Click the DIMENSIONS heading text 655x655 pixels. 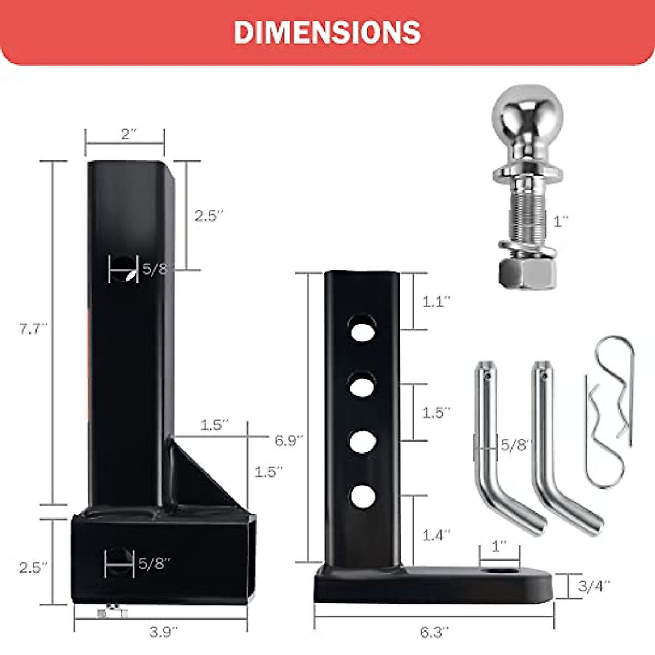point(327,33)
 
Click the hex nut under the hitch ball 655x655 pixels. point(527,274)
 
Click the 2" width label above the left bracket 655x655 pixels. point(128,134)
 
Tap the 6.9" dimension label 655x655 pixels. point(289,441)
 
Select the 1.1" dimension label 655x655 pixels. point(436,301)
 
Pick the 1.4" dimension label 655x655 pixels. point(436,535)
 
